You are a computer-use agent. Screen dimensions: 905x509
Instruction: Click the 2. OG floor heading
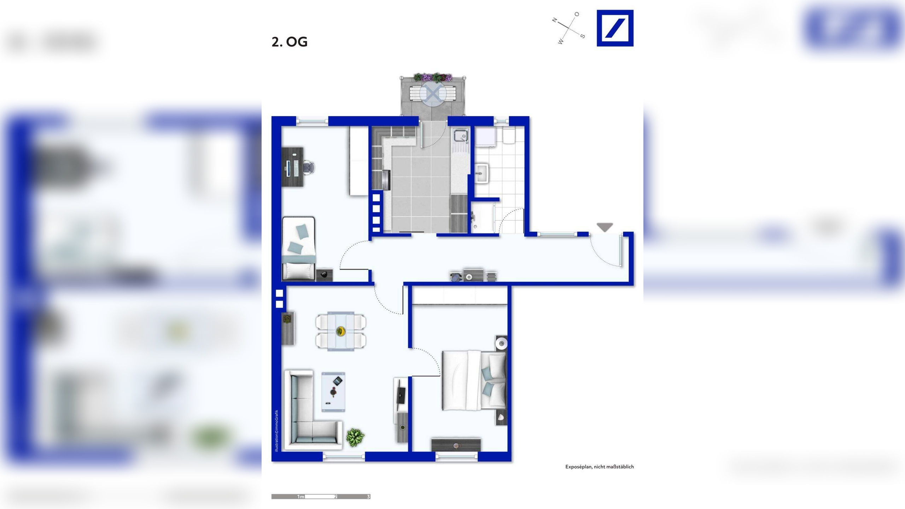(290, 42)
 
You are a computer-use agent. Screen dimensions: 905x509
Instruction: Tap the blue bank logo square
(615, 28)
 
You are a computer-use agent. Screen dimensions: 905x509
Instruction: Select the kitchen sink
(461, 136)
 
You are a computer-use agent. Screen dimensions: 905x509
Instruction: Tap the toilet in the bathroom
(509, 136)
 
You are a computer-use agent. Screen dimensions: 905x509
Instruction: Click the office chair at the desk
(309, 167)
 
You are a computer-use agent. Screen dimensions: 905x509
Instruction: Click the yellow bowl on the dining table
(341, 331)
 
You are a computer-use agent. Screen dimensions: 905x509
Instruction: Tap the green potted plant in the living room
(355, 438)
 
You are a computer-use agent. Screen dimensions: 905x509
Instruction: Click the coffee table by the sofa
(333, 392)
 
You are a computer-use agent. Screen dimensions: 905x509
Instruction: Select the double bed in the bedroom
(474, 380)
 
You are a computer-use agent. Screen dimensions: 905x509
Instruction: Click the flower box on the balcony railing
(433, 77)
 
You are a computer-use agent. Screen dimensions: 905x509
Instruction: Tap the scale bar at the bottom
(321, 497)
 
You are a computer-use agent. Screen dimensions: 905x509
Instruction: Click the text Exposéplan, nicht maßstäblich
(600, 467)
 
